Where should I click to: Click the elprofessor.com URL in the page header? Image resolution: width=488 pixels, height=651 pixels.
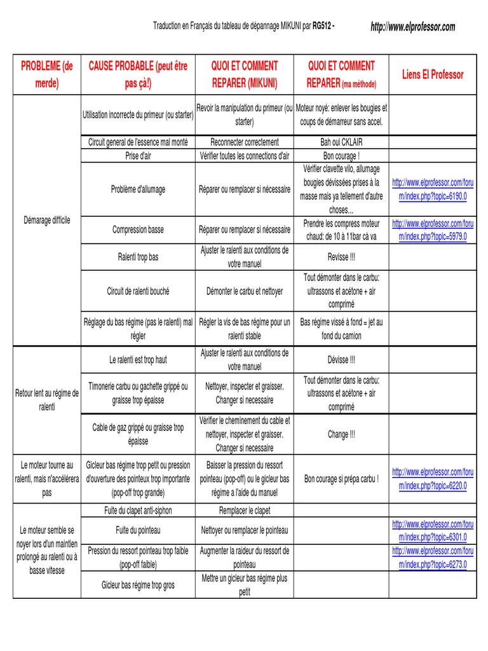point(412,27)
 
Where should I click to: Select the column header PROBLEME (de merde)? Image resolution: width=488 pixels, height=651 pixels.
point(47,74)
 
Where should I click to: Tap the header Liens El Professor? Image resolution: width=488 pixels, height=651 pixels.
point(433,74)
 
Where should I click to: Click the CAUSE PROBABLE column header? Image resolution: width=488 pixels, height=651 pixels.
point(138,74)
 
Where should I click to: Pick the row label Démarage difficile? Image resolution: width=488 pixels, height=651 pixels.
point(47,220)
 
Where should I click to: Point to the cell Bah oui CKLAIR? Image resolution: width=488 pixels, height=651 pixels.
point(341,142)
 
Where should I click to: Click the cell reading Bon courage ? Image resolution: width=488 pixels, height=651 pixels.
point(341,155)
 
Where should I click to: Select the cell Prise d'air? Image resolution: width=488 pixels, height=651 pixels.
point(138,155)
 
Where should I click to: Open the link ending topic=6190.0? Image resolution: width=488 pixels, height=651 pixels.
point(433,189)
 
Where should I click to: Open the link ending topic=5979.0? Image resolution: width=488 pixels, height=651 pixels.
point(433,230)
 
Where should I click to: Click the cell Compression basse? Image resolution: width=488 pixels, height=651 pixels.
point(138,230)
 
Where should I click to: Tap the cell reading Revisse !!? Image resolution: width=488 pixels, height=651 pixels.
point(341,257)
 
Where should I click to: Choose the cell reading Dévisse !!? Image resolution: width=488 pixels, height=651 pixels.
point(341,360)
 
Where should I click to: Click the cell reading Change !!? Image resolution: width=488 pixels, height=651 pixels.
point(341,435)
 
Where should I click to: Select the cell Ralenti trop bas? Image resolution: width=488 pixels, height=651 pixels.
point(138,257)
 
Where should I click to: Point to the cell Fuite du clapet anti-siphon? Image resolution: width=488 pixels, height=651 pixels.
point(138,510)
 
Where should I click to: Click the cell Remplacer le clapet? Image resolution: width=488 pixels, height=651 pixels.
point(245,510)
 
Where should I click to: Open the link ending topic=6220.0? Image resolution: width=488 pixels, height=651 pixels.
point(433,479)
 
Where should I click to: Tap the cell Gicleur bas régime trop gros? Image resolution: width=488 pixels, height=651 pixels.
point(138,585)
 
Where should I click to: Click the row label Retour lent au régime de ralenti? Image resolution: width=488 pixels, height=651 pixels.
point(47,399)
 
